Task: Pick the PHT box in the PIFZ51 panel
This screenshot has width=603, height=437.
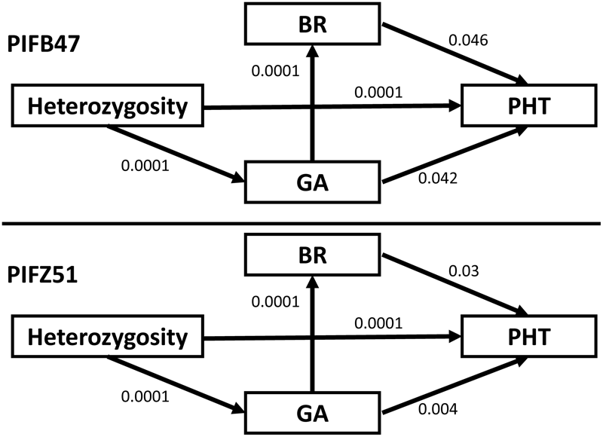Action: coord(526,336)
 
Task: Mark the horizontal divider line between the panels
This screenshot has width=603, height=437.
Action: coord(301,224)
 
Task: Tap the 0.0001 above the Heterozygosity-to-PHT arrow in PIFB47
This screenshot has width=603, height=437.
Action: coord(376,92)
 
